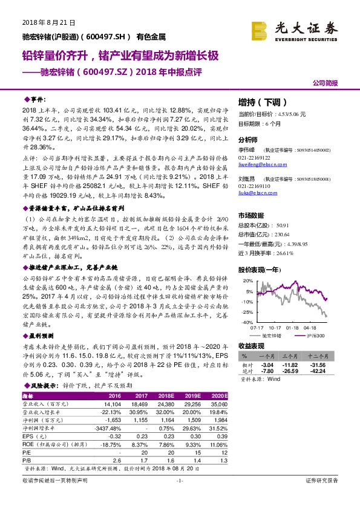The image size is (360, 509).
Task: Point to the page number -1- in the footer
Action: (180, 498)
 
